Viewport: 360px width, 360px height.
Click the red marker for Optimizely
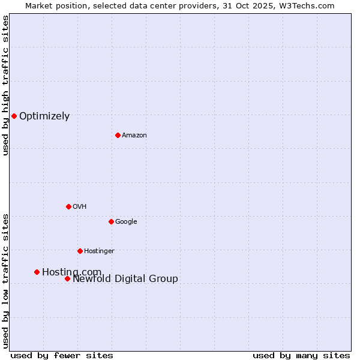click(x=14, y=116)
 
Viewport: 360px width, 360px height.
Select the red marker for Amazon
click(x=118, y=135)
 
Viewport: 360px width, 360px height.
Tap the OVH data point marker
click(x=68, y=206)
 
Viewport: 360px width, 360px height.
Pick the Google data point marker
click(x=111, y=221)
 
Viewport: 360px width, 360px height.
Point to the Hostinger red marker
click(x=80, y=251)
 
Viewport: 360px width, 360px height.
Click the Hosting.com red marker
click(x=37, y=272)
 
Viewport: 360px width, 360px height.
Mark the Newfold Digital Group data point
click(x=67, y=278)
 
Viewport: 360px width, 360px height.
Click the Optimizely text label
click(x=44, y=116)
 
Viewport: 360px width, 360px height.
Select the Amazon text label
click(x=134, y=136)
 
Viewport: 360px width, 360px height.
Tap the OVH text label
click(x=80, y=207)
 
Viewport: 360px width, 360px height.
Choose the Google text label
click(x=126, y=222)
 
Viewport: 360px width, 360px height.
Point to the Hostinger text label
click(x=99, y=251)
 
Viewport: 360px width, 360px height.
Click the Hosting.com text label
click(x=71, y=272)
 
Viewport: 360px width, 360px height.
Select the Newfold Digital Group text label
click(x=125, y=279)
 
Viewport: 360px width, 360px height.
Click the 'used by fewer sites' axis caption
click(x=62, y=356)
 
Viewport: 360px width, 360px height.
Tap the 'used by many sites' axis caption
click(x=301, y=356)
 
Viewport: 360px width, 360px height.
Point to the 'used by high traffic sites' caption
click(x=6, y=85)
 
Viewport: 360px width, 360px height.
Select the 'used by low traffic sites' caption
click(x=6, y=280)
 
